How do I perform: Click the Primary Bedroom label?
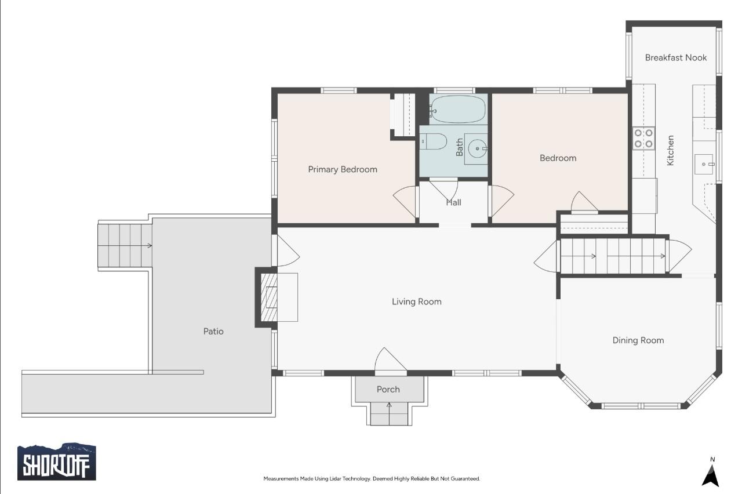pos(343,169)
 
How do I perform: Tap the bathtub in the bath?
pos(457,109)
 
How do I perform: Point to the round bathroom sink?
pos(477,148)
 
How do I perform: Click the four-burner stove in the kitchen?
pos(643,138)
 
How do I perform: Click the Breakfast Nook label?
pos(676,57)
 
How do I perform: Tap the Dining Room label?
pos(638,340)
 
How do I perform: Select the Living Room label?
pos(416,302)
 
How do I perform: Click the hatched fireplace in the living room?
pos(269,297)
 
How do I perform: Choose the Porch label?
pos(388,389)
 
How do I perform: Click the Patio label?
pos(213,331)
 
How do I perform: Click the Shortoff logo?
pos(57,462)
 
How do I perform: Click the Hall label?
pos(453,202)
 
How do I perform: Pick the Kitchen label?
pos(670,150)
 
